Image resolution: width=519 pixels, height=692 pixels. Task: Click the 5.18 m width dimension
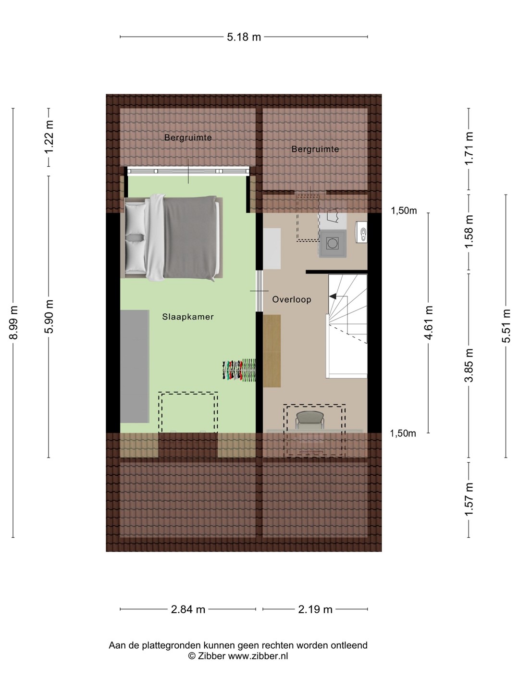tap(244, 37)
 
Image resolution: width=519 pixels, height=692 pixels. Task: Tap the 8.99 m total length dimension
tap(13, 322)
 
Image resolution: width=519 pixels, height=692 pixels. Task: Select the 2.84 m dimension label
tap(188, 609)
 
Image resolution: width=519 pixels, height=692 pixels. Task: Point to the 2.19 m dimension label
tap(315, 609)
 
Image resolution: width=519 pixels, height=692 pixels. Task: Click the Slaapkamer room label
tap(188, 317)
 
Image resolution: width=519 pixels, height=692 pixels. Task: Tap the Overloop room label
tap(292, 299)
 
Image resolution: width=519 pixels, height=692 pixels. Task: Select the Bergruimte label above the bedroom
tap(188, 137)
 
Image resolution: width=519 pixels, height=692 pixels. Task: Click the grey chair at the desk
tap(309, 420)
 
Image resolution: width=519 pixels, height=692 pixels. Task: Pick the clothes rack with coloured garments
tap(239, 370)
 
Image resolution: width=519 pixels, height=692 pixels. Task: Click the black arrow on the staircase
tap(333, 296)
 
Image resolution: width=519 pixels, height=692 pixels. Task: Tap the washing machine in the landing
tap(333, 243)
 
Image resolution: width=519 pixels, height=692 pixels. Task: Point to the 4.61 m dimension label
tap(428, 322)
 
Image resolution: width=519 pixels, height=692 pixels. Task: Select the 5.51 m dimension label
tap(506, 326)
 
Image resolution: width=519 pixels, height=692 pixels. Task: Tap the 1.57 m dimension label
tap(469, 499)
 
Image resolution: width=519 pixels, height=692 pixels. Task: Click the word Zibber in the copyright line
tap(211, 656)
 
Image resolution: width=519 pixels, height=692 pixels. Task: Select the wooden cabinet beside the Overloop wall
tap(272, 351)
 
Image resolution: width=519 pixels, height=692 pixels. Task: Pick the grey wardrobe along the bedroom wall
tap(135, 366)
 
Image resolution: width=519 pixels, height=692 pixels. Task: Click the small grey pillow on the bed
tap(135, 237)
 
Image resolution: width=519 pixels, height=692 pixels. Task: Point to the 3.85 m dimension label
tap(469, 365)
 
